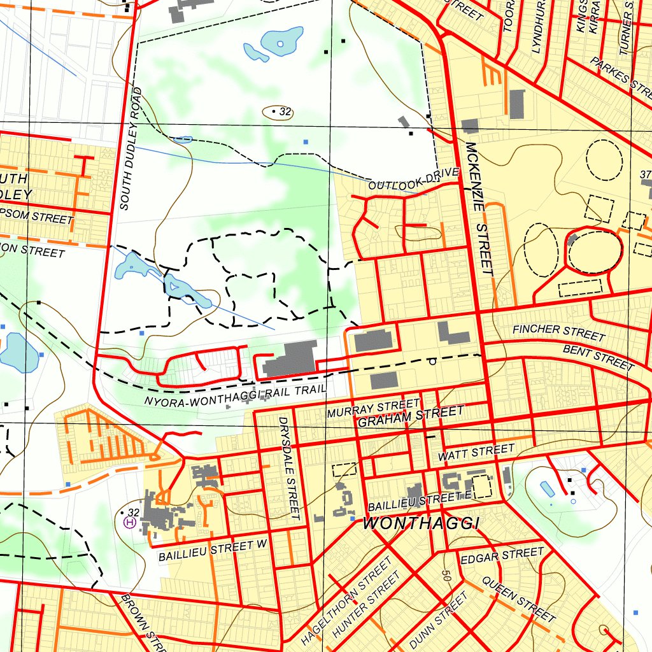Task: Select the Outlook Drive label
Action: pyautogui.click(x=413, y=180)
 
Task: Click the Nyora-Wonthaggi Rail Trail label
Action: pyautogui.click(x=235, y=395)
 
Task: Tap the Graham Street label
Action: pyautogui.click(x=411, y=417)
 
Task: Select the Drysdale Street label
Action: pyautogui.click(x=289, y=468)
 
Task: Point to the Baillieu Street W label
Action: pyautogui.click(x=214, y=550)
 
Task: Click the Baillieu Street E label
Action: pyautogui.click(x=421, y=502)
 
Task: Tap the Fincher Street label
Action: pyautogui.click(x=558, y=331)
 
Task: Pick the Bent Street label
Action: pyautogui.click(x=598, y=357)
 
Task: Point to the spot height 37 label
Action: pyautogui.click(x=645, y=174)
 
